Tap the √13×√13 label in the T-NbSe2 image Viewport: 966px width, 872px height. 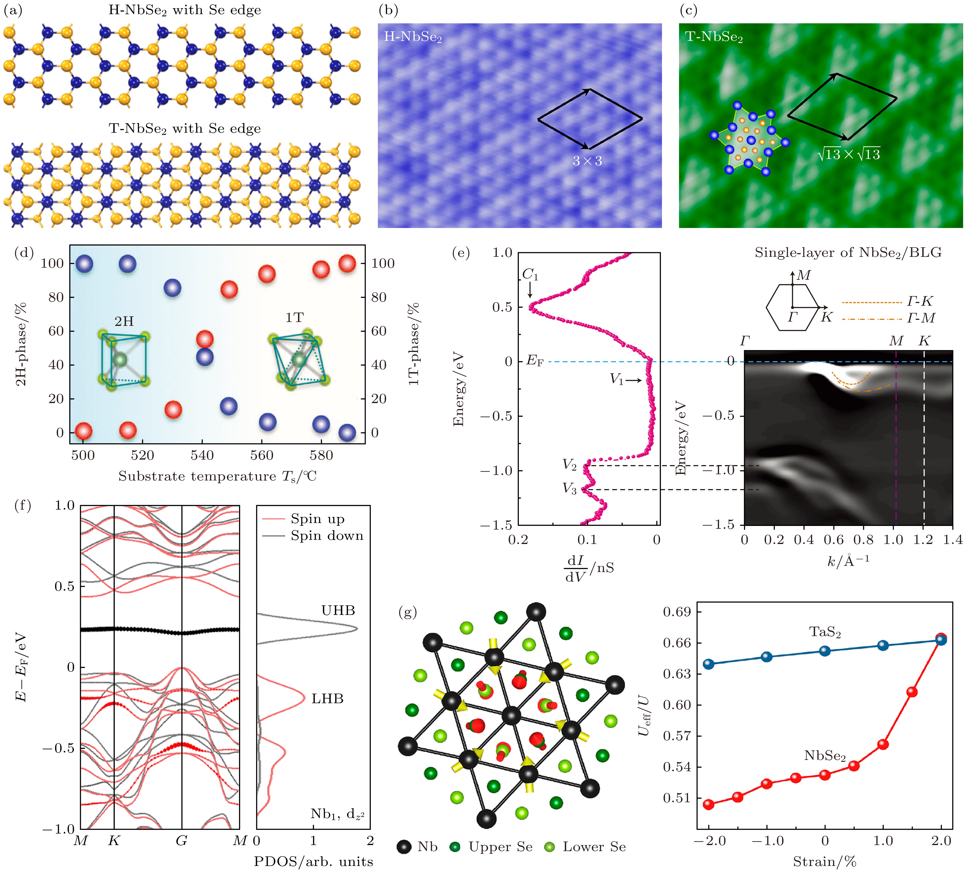click(x=849, y=154)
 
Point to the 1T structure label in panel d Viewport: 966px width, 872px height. click(x=294, y=318)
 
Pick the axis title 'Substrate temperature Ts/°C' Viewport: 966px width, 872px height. click(x=217, y=476)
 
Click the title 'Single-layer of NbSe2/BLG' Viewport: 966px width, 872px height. click(x=848, y=253)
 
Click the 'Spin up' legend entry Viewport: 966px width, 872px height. click(x=317, y=519)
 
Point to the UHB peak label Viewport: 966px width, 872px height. click(x=338, y=610)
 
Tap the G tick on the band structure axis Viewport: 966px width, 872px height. click(x=181, y=841)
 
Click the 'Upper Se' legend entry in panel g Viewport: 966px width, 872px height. click(x=500, y=847)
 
